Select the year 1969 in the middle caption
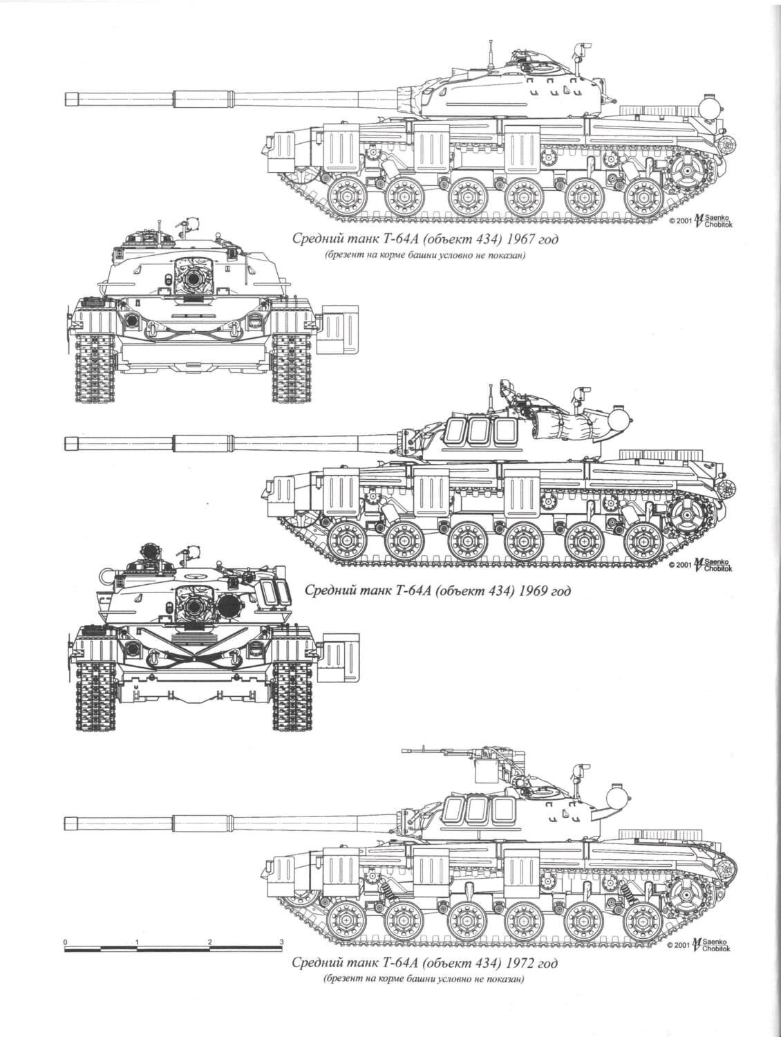pos(527,592)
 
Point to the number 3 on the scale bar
pos(281,942)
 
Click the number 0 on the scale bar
pos(64,942)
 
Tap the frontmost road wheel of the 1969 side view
pos(344,543)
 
